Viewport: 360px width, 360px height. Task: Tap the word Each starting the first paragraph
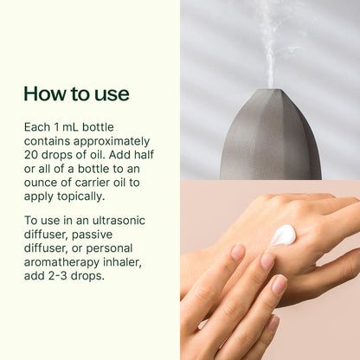(38, 126)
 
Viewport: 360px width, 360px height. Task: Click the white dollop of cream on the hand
(283, 235)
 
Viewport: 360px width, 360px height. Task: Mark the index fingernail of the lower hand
(238, 253)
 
